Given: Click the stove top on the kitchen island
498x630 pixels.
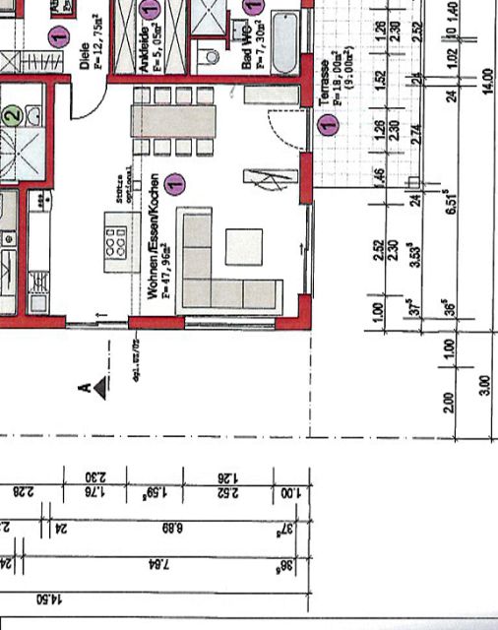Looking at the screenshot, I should coord(114,238).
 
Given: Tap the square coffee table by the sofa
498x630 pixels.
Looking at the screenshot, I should coord(244,246).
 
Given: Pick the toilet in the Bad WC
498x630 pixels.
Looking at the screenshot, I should coord(211,55).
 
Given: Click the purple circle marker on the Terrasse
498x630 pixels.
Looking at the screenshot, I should coord(328,125).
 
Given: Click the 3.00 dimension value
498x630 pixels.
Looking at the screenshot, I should coord(483,383).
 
